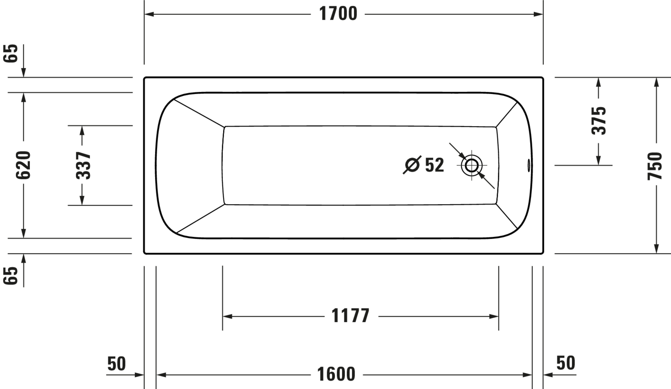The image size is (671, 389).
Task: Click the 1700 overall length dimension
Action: click(338, 14)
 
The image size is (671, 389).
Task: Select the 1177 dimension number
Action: click(351, 316)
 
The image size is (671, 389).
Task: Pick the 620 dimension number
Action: click(23, 165)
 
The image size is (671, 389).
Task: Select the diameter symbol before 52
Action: click(412, 165)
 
